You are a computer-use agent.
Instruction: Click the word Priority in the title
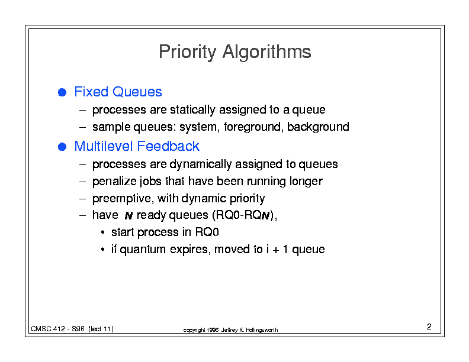click(187, 52)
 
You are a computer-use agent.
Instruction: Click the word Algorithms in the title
click(267, 52)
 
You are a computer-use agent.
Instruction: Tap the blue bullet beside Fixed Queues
click(62, 92)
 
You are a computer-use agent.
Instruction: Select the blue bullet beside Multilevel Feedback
click(62, 147)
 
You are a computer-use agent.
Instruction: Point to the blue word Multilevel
click(104, 146)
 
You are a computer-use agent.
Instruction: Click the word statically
click(192, 110)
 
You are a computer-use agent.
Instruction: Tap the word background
click(318, 127)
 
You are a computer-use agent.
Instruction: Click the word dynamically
click(202, 164)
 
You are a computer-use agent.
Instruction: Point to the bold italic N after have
click(129, 215)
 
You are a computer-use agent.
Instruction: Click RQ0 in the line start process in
click(207, 232)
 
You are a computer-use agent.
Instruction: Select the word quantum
click(143, 250)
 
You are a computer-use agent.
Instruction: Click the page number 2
click(429, 327)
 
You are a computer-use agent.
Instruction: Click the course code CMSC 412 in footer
click(48, 329)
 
